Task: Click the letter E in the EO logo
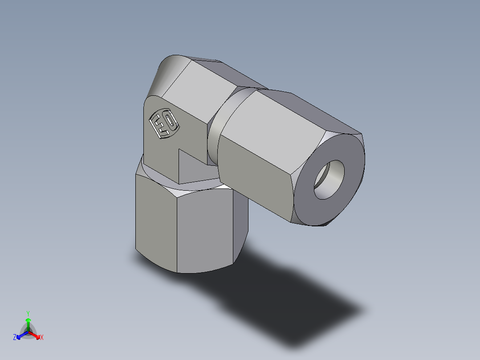[160, 126]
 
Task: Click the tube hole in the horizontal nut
[329, 179]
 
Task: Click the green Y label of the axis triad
[28, 313]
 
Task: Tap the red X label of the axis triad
[42, 338]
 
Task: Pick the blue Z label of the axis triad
[15, 338]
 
